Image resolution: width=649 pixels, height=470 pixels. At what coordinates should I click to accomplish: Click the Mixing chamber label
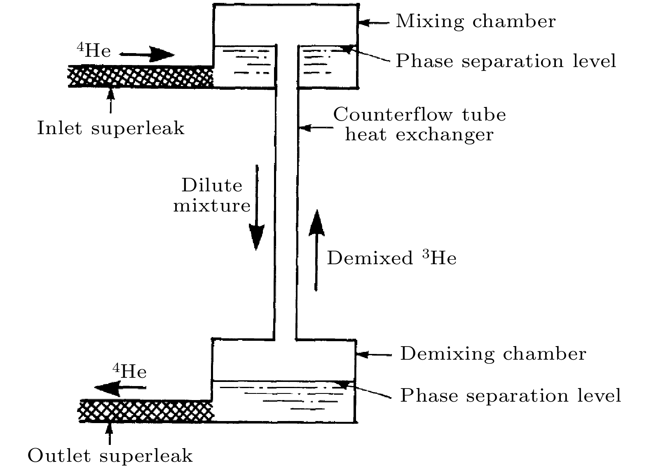[476, 21]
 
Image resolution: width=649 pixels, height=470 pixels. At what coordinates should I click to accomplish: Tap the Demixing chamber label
[493, 354]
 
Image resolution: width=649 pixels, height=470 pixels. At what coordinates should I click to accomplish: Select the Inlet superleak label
[110, 128]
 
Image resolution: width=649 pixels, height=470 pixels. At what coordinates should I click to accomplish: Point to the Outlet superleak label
[110, 456]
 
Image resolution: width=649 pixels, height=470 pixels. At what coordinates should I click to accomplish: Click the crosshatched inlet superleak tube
[140, 76]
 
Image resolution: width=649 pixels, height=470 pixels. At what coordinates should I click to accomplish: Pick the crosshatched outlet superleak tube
[146, 411]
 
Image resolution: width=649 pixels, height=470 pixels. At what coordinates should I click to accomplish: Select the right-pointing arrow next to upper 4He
[147, 54]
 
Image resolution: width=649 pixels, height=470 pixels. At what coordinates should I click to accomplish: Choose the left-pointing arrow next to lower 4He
[120, 388]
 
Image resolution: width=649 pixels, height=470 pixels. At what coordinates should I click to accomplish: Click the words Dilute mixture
[212, 195]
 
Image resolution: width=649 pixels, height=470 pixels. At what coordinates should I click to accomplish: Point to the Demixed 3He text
[391, 258]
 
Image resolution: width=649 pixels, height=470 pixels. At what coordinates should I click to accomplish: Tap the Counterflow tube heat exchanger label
[419, 124]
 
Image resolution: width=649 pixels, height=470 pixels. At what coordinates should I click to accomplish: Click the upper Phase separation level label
[506, 61]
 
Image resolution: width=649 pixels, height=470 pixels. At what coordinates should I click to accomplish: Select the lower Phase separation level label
[510, 396]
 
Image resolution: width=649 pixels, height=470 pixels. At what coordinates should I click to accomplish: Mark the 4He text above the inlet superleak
[94, 50]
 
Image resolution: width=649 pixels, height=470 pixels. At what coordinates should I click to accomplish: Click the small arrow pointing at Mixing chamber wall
[373, 23]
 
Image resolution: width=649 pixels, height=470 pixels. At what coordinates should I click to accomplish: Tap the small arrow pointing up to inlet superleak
[110, 100]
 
